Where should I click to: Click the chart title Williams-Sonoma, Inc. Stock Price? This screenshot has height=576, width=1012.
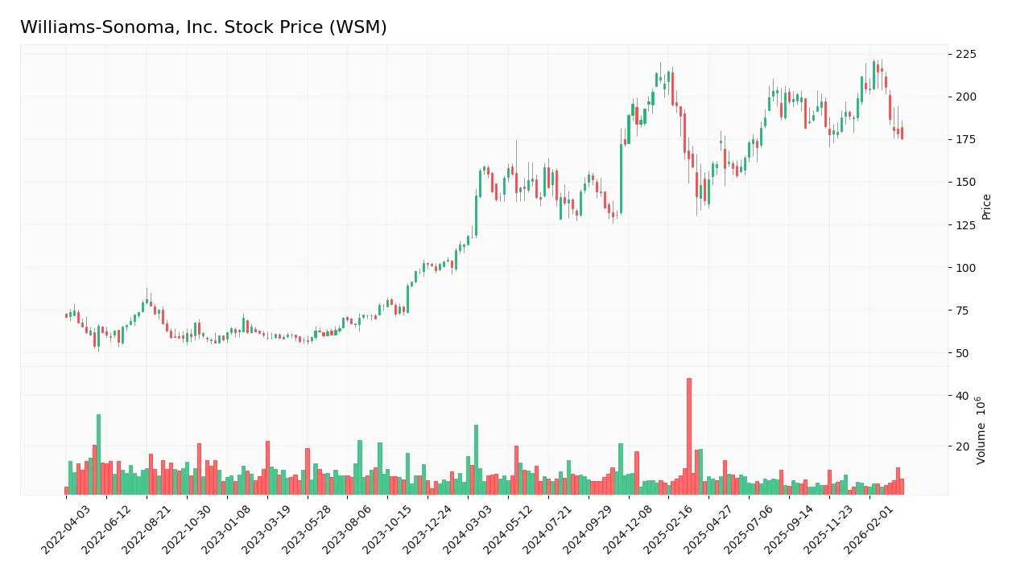click(x=203, y=27)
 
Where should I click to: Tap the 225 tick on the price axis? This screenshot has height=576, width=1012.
click(x=966, y=54)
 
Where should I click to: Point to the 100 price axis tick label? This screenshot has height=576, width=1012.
click(x=966, y=268)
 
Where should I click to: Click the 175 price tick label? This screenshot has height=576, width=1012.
click(x=966, y=139)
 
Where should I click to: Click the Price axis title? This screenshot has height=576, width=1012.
click(x=987, y=207)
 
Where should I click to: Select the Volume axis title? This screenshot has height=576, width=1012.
click(x=981, y=430)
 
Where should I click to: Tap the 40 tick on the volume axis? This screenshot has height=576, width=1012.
click(x=961, y=396)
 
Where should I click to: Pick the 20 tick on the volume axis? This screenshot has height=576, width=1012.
click(x=961, y=446)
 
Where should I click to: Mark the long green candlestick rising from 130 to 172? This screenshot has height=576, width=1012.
click(x=622, y=179)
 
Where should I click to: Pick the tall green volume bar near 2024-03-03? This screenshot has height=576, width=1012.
click(x=476, y=459)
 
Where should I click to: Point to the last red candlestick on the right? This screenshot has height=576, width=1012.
click(x=902, y=134)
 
